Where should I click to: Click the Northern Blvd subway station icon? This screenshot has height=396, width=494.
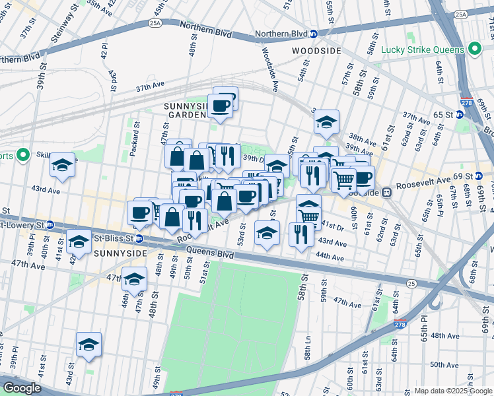coord(314,34)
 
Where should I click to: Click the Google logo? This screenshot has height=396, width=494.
coord(22,388)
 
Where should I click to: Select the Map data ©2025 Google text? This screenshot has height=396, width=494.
coord(452,391)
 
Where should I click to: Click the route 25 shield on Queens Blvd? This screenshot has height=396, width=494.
coord(411,283)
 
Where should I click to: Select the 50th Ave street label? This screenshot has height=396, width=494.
coord(444,364)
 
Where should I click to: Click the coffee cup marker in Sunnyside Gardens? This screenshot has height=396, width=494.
coord(220,105)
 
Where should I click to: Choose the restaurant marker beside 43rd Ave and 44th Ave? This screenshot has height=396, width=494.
coord(301,234)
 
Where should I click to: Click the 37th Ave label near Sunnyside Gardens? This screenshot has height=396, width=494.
coord(149,88)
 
